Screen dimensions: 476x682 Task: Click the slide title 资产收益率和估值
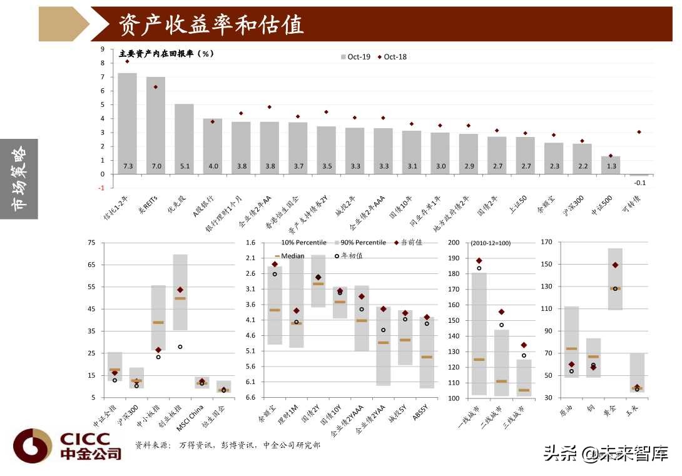pos(211,24)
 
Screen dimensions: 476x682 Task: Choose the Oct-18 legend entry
pos(392,57)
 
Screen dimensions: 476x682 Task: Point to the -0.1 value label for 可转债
pos(639,183)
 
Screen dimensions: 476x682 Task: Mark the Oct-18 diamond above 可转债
pos(639,132)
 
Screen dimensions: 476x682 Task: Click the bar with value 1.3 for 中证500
pos(611,165)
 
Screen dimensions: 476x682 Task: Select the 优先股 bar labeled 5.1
pos(184,139)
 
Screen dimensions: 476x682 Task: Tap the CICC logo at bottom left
pos(68,445)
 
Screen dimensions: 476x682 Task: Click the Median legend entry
pos(289,256)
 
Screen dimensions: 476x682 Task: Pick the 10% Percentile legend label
pos(303,242)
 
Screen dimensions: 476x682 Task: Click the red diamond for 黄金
pos(615,265)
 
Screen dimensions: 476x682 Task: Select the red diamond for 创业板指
pos(180,290)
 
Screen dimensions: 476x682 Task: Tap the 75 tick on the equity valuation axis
pos(92,243)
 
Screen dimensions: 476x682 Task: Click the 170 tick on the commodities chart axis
pos(546,242)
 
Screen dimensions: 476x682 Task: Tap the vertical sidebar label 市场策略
pos(19,178)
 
